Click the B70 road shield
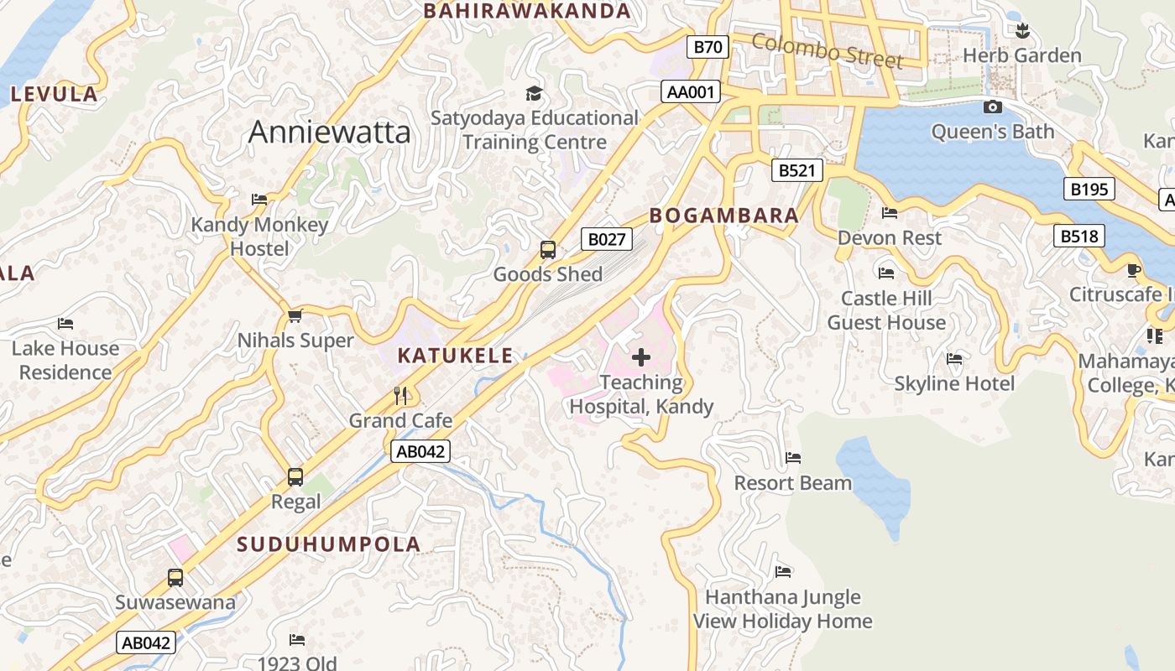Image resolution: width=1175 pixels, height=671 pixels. point(708,47)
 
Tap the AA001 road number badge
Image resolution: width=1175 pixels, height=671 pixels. point(690,92)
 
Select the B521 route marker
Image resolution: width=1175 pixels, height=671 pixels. point(796,171)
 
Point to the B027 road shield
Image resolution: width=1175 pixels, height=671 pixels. point(606,240)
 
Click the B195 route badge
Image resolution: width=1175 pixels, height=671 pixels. point(1089,190)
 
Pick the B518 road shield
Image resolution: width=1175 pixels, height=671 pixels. point(1078,237)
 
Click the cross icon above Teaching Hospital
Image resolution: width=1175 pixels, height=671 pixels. point(641,358)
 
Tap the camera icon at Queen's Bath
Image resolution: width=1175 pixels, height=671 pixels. point(992,107)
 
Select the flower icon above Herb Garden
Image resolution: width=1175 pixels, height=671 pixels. point(1021,32)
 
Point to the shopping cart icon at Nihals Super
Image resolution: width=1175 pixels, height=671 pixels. point(295,316)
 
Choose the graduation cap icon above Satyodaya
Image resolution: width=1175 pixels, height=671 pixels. point(534,93)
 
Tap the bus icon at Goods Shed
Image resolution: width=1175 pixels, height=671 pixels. point(547,250)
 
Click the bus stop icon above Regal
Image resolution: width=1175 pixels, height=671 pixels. point(295,477)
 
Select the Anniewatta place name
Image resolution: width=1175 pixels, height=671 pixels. point(330,133)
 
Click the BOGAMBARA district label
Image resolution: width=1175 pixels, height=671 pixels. point(723,216)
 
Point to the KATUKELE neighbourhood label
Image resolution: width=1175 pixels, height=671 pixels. point(455,356)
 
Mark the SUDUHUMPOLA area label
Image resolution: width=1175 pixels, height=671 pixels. point(328,544)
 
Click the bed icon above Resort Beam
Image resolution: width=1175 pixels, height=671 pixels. point(793,458)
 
